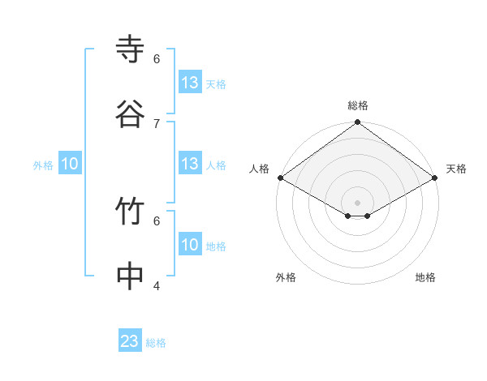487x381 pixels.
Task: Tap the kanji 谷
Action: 131,114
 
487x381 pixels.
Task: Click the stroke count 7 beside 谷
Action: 157,123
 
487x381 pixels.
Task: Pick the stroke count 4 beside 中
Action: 157,285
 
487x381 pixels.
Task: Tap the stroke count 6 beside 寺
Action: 157,59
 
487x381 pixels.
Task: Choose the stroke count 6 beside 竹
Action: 157,220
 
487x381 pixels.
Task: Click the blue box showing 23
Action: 130,341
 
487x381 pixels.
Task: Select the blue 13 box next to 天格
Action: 190,83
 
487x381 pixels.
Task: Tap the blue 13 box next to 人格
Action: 190,164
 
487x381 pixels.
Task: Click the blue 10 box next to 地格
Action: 190,245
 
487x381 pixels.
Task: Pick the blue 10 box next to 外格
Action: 70,164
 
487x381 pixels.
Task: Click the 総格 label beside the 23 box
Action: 156,343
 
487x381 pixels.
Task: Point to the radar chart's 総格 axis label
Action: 358,105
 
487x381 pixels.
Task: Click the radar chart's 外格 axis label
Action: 286,277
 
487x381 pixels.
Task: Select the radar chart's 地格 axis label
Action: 425,277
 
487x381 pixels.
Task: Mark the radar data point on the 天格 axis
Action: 436,178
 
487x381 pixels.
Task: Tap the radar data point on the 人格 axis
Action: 280,178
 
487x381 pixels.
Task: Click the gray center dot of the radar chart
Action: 358,202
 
